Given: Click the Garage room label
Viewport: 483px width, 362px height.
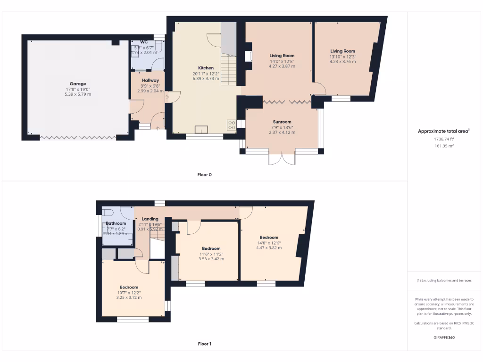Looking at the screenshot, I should (78, 84).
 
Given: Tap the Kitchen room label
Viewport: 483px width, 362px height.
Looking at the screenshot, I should (206, 68).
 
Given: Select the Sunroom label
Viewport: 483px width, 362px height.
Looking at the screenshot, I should (282, 122).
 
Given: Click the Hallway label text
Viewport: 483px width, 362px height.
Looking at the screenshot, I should (150, 80).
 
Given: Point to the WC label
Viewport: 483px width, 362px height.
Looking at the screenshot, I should (144, 42).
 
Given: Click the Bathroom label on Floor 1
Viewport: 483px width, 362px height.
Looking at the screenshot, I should (116, 223).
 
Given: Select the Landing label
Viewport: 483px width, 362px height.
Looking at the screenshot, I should (150, 219).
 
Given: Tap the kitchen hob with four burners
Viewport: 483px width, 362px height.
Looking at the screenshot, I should (232, 125).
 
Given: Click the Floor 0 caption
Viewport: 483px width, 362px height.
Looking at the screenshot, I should (204, 174).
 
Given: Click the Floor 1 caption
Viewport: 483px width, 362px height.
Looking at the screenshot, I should (204, 344).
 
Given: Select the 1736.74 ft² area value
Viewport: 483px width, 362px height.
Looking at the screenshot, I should (444, 139).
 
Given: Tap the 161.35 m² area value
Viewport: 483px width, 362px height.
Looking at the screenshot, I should (444, 146).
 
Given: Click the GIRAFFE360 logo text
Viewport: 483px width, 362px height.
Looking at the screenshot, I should (444, 337).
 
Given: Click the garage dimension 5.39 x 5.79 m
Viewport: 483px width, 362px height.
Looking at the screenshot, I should (78, 94).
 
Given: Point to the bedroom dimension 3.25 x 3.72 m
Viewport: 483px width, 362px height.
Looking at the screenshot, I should (129, 297).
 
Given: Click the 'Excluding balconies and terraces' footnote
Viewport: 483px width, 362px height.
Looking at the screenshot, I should (444, 280).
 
